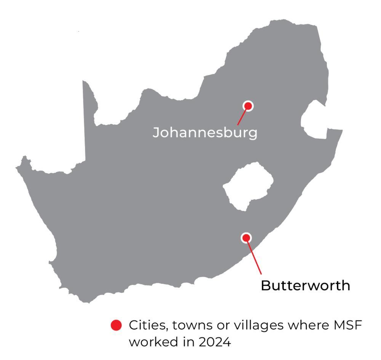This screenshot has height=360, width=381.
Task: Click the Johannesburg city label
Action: pos(205,133)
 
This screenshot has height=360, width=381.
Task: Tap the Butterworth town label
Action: pos(305,285)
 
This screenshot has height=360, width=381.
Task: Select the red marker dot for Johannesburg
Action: pos(248,106)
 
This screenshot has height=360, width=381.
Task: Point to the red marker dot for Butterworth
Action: pos(247,238)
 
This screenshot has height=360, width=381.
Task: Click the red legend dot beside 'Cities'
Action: pos(116,326)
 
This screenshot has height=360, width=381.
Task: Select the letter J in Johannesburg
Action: pos(156,133)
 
